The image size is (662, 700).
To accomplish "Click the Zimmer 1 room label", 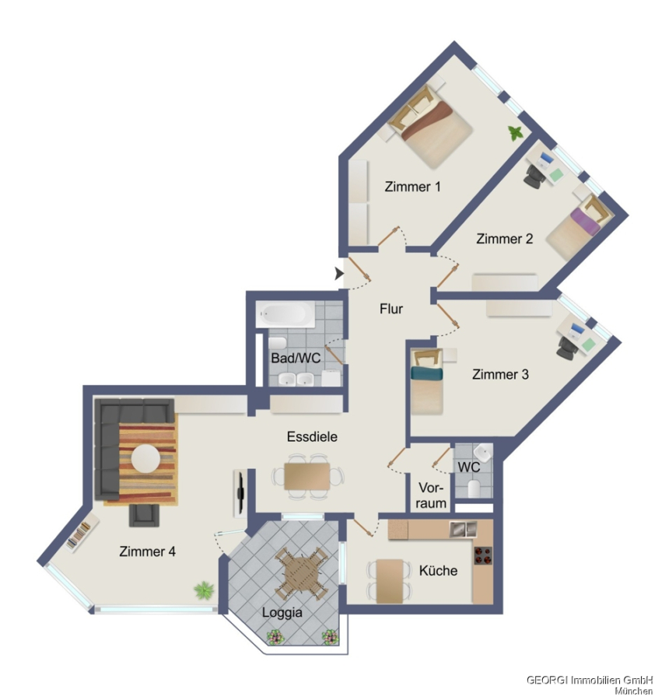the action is coord(412,187).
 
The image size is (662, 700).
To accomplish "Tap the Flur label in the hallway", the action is coord(391,309).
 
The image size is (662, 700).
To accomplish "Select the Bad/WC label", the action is coord(296,358).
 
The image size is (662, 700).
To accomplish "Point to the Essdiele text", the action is coord(312,436).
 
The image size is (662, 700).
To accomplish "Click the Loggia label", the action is coord(282,613).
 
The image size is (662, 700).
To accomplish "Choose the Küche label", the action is coord(439,570).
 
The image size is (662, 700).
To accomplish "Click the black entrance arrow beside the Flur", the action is coord(339,273).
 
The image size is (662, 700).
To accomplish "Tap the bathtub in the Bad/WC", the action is coord(285,314).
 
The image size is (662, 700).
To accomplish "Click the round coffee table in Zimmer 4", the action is coord(145,458).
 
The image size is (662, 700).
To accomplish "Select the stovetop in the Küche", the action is coord(483,555).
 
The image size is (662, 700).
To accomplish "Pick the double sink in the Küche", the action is coord(463,529).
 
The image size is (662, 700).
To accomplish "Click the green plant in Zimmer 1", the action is coord(516,132).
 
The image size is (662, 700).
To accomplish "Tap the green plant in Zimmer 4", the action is coord(204,590).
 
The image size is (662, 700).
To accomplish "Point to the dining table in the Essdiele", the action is coord(307,476).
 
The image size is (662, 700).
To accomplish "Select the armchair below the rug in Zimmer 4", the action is coord(144,515).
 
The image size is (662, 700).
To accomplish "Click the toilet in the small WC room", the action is coord(474,488).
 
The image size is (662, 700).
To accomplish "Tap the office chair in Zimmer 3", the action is coord(566,347).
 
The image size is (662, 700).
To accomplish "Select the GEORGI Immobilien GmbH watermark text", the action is coord(590,680).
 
